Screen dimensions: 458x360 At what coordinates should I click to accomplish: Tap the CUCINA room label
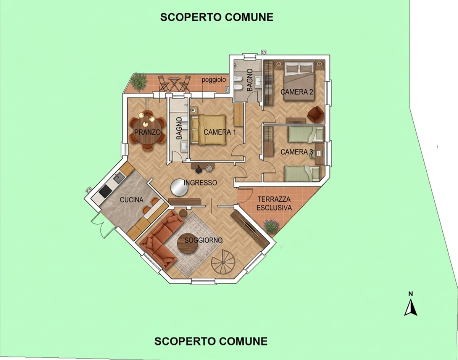coord(132,200)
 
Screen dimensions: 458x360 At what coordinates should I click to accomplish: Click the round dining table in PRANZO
coord(147,132)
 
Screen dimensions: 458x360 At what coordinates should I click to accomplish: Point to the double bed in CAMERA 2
coord(299,82)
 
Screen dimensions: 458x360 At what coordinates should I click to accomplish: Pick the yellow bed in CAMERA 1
coord(208,130)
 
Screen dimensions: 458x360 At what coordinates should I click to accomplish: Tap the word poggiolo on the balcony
coord(214,80)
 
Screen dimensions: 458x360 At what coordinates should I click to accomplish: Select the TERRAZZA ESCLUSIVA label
coord(274,204)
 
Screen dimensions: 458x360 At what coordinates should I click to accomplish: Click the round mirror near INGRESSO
coord(179,187)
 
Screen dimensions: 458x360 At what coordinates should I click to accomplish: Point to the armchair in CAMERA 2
coord(315,114)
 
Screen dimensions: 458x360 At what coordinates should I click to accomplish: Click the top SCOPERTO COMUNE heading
coord(217,17)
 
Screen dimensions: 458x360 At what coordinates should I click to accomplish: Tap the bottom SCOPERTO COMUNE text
coord(211,341)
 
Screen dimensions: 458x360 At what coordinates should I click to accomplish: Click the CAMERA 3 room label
coord(297,152)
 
